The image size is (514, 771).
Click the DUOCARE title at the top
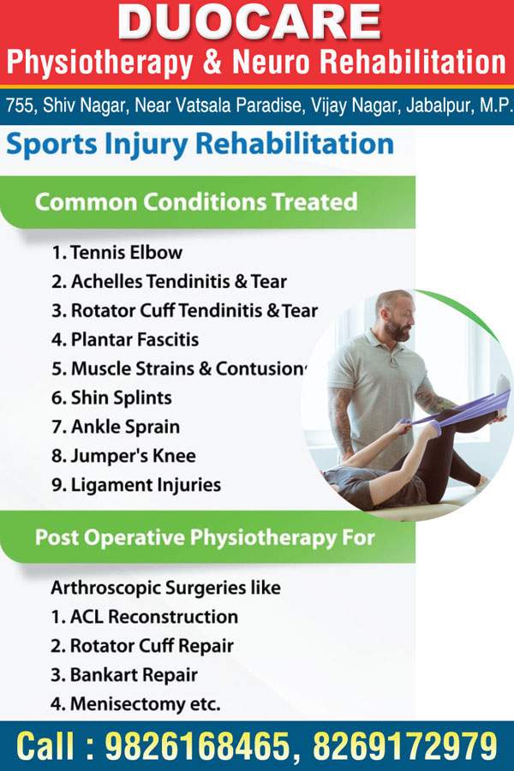(249, 21)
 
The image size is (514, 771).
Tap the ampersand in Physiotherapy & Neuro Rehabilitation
(212, 63)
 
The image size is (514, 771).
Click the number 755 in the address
(19, 105)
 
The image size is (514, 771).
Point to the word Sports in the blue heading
(51, 145)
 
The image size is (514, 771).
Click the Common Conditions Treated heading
(196, 201)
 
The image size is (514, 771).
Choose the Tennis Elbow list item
(117, 252)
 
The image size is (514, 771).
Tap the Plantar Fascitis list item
(125, 339)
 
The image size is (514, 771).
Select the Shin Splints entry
(111, 397)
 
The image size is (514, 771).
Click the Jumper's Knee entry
(123, 456)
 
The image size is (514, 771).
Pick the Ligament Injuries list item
(136, 485)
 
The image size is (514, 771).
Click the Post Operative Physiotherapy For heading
(205, 537)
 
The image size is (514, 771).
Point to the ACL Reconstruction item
(145, 617)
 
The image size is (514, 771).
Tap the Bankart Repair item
(124, 675)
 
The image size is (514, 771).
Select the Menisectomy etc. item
(135, 703)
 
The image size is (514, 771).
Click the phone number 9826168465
(198, 746)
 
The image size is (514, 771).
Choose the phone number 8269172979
(405, 746)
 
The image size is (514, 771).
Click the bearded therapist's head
(394, 314)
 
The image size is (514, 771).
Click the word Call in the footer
(45, 746)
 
